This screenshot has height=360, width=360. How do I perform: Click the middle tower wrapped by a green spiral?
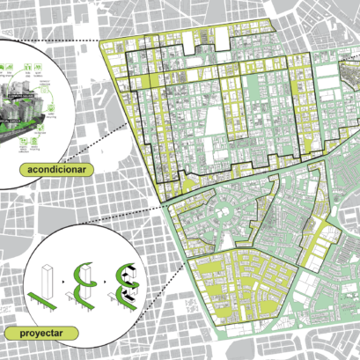pos(89,279)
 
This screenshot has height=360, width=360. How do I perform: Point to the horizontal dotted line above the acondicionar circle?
pos(70,40)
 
